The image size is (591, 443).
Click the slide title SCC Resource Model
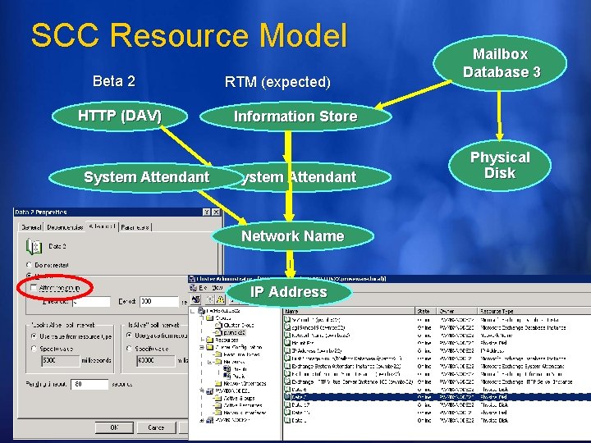coord(189,36)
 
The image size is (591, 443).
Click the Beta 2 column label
coord(114,81)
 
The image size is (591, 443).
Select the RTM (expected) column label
coord(277,82)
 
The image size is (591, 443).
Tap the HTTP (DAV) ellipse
coord(120,116)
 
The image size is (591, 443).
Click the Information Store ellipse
coord(295,116)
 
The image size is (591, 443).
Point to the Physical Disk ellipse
coord(499,165)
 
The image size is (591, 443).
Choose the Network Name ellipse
coord(292,236)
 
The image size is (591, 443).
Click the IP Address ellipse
coord(288,292)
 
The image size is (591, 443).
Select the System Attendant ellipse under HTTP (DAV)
coord(146,176)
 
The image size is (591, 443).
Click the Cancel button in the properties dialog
coord(156,427)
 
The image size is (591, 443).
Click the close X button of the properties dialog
coord(214,212)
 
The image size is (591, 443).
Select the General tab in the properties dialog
coord(30,226)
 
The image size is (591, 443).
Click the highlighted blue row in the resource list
coord(435,396)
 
